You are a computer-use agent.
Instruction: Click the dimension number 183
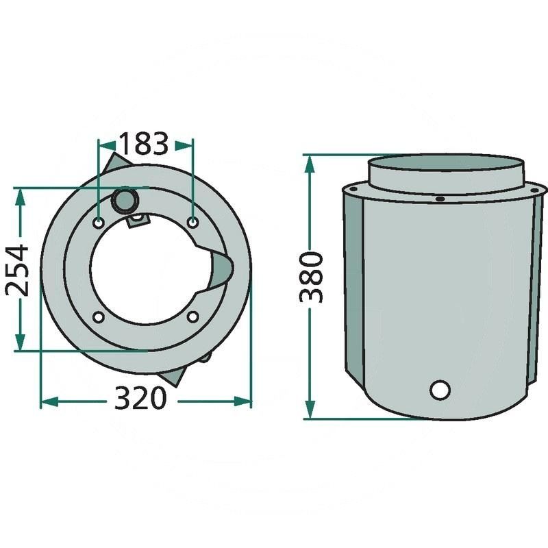click(144, 144)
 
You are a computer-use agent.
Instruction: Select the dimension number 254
click(17, 271)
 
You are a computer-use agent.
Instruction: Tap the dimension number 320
click(140, 398)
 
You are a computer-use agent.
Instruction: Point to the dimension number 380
click(311, 277)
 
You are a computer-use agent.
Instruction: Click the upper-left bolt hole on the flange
click(99, 222)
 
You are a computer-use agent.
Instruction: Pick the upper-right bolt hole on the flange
click(193, 221)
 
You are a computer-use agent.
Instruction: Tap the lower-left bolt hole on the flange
click(99, 317)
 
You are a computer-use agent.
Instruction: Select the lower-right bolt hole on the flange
click(192, 316)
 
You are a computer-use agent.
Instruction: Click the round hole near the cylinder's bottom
click(440, 390)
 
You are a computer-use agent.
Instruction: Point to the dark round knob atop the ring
click(125, 201)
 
